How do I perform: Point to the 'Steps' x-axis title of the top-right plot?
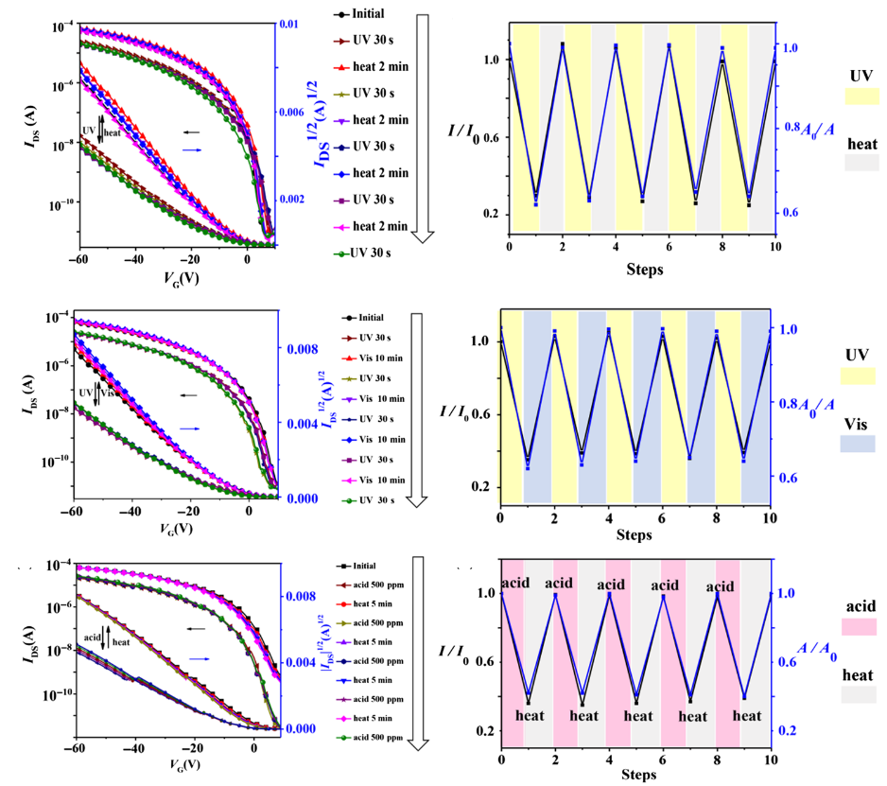tap(644, 270)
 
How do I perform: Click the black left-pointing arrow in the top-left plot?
tap(192, 132)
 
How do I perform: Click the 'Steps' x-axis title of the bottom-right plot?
tap(635, 775)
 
